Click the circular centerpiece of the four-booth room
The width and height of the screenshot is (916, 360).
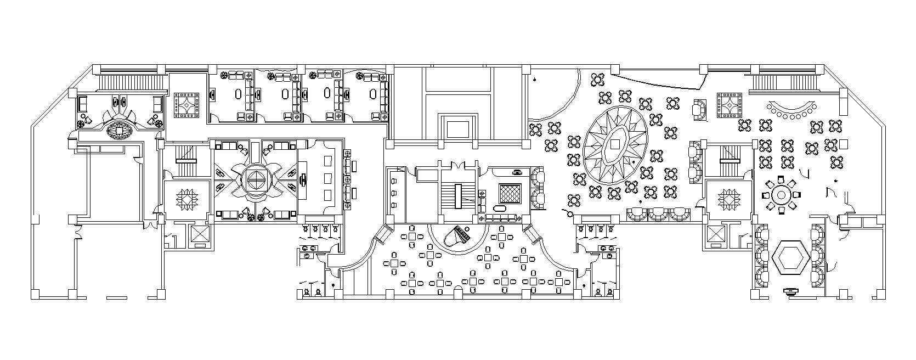pos(255,179)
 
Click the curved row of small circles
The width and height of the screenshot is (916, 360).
pos(791,112)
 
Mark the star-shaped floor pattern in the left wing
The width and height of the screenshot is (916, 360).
pos(187,199)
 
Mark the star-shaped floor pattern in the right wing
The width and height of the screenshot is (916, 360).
pos(728,199)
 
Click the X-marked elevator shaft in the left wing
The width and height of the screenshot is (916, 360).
pos(196,234)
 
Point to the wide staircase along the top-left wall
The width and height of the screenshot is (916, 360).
pos(132,82)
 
